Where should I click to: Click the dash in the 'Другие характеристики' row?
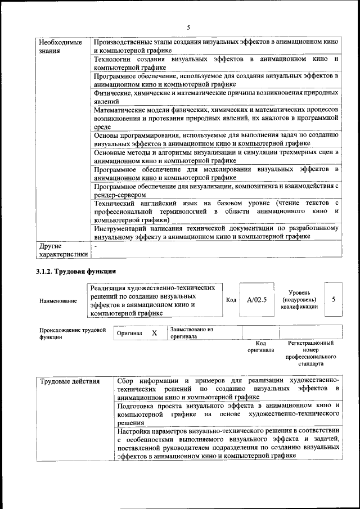click(x=96, y=246)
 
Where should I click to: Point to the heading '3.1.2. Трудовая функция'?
click(x=76, y=273)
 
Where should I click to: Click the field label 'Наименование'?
click(x=58, y=301)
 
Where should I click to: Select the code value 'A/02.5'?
click(x=256, y=300)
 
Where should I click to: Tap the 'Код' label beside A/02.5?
click(x=231, y=300)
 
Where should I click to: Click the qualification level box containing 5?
click(x=333, y=299)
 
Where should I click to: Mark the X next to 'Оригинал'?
click(x=154, y=333)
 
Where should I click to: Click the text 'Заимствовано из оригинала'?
click(x=191, y=333)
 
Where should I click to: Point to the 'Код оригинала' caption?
click(x=260, y=346)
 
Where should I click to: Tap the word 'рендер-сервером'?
click(x=120, y=195)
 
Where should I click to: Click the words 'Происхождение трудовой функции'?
click(x=73, y=334)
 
